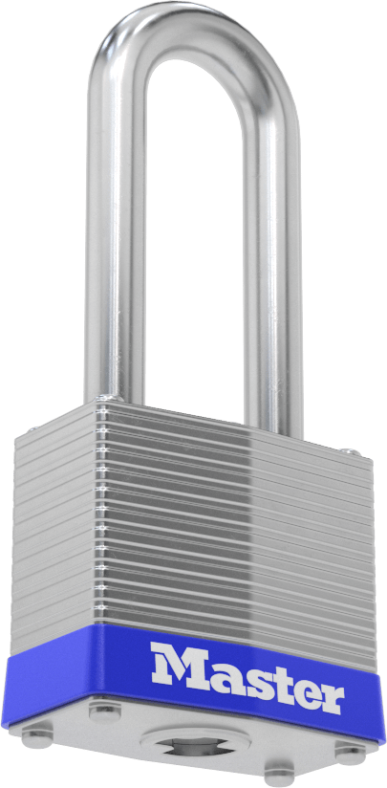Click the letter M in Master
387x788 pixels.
pos(182,664)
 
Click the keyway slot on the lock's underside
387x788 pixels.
pos(195,744)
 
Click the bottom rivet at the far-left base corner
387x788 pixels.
pos(37,736)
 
